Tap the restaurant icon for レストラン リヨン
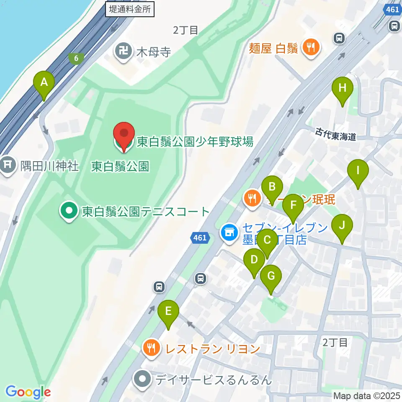click(151, 348)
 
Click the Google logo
click(28, 392)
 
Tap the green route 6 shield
click(76, 58)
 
